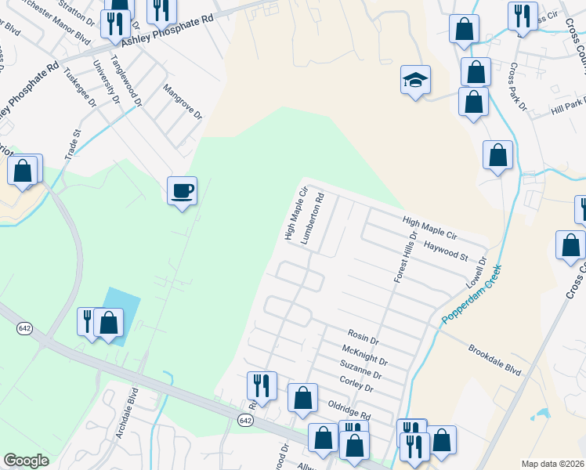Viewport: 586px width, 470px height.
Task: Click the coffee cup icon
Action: [182, 190]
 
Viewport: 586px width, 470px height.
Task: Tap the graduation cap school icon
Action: [416, 80]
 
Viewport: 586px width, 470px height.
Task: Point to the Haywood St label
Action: [445, 251]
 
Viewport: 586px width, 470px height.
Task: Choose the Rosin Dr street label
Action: [364, 342]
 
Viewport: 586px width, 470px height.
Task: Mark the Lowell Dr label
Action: [477, 271]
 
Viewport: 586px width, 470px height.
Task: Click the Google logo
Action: [27, 461]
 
